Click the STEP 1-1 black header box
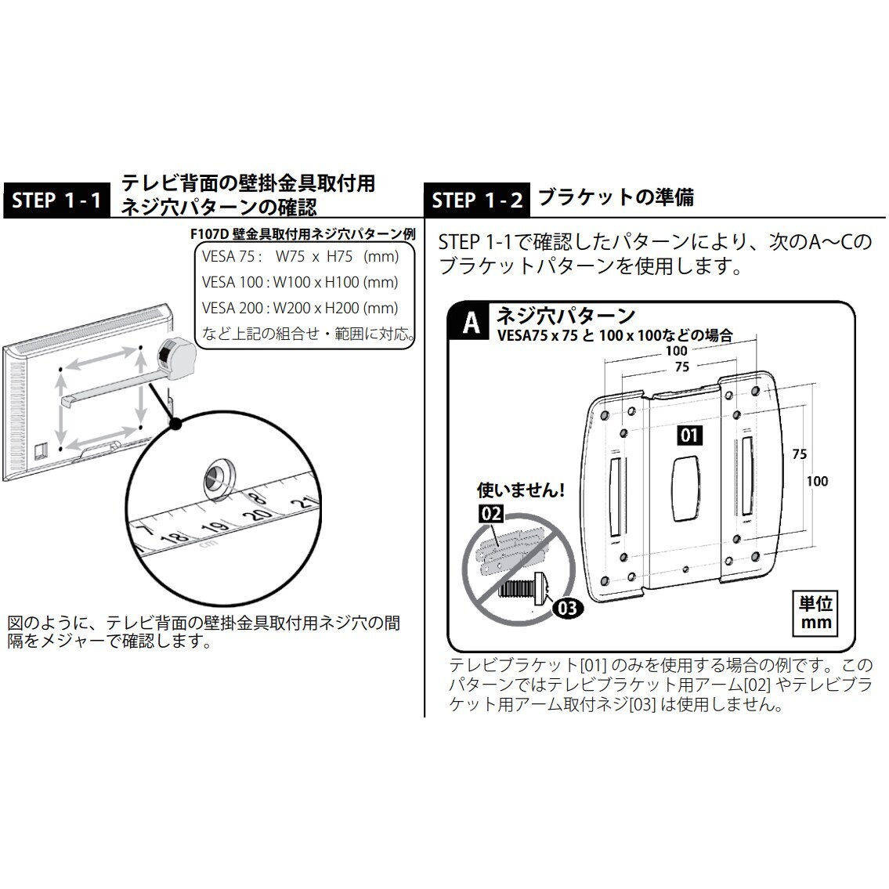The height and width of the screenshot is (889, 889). (x=57, y=201)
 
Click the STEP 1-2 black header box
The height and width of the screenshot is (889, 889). (x=476, y=201)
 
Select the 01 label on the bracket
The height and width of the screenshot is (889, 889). (x=689, y=435)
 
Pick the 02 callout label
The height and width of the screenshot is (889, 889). (x=490, y=514)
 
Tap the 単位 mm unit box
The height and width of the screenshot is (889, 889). (x=815, y=613)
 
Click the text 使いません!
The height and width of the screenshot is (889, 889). (x=521, y=491)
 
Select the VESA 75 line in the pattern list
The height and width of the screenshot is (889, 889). (x=300, y=257)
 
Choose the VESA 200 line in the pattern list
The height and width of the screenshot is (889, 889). (x=300, y=308)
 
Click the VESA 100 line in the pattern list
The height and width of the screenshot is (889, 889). (x=300, y=282)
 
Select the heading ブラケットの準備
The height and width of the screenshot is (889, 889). (x=616, y=197)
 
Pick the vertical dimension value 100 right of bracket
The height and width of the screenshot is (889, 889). (x=816, y=481)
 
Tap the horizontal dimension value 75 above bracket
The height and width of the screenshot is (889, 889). (x=681, y=367)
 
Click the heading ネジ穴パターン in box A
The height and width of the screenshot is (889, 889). (x=566, y=316)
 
